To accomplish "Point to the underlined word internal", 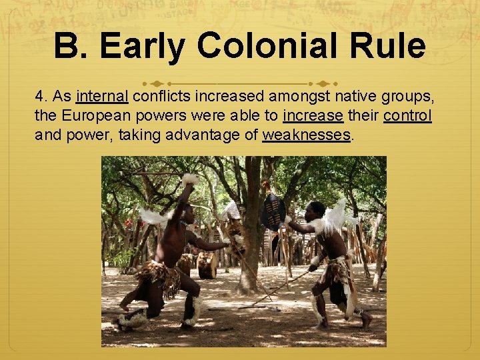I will pos(102,97).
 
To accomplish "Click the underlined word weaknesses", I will pos(306,135).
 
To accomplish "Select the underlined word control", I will pos(407,116).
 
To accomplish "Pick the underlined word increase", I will pos(313,116).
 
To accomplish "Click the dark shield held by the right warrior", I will pos(272,212).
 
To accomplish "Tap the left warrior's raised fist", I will pos(189,181).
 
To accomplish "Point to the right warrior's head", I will pos(315,210).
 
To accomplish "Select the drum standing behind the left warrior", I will pos(207,265).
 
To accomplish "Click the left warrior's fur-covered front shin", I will pos(193,309).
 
